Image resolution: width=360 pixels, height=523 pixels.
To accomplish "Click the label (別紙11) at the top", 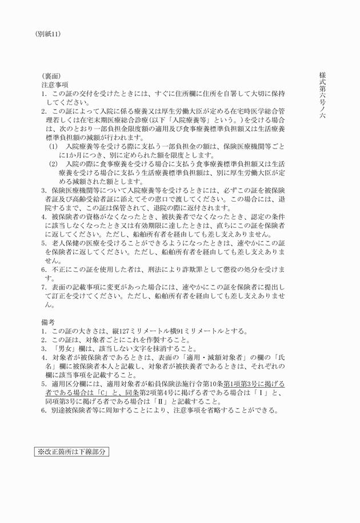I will point(47,34).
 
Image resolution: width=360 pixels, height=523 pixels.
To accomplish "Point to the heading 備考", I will point(47,321).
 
